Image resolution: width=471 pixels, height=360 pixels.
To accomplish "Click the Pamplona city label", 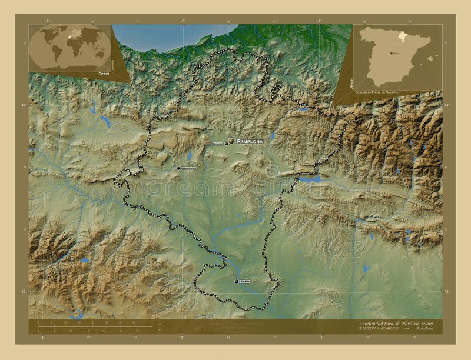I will pyautogui.click(x=250, y=142).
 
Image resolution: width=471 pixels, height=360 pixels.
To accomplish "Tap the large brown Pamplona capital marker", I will pyautogui.click(x=231, y=141).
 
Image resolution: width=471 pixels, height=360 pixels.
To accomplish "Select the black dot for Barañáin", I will pyautogui.click(x=226, y=143).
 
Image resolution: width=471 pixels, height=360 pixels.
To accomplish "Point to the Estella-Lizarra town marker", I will pyautogui.click(x=178, y=168).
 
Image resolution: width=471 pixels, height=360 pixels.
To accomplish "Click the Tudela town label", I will pyautogui.click(x=246, y=282).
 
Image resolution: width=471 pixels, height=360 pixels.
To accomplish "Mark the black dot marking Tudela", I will pyautogui.click(x=237, y=282).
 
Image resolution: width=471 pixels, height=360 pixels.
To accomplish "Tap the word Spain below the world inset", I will pyautogui.click(x=104, y=74).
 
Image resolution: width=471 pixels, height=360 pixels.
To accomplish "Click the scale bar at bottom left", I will pyautogui.click(x=65, y=326).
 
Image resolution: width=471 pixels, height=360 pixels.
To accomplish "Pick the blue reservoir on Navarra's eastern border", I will pyautogui.click(x=310, y=178).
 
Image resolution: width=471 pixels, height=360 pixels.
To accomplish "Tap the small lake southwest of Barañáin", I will pyautogui.click(x=190, y=156).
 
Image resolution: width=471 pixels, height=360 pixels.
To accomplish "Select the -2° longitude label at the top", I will pyautogui.click(x=183, y=21).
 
